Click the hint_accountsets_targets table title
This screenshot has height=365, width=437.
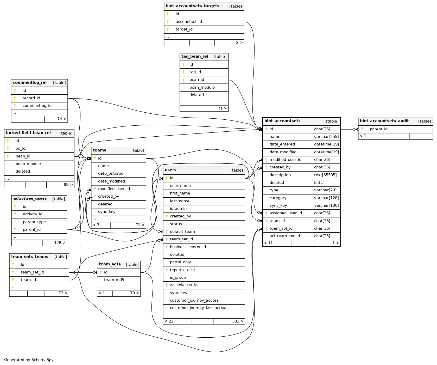point(192,6)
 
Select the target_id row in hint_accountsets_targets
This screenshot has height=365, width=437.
point(184,29)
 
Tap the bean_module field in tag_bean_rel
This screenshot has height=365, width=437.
point(202,87)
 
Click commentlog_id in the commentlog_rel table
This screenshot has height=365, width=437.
point(37,106)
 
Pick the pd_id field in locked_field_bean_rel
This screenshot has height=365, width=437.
point(21,148)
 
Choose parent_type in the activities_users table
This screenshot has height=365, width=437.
point(34,222)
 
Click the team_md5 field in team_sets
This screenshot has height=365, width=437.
point(114,280)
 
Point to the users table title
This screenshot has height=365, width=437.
point(170,170)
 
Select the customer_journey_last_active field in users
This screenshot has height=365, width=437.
point(198,308)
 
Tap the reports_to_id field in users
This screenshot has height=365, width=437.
point(182,270)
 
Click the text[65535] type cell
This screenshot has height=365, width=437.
point(325,175)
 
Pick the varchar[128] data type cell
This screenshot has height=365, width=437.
point(326,198)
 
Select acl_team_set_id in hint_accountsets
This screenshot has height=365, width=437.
point(284,236)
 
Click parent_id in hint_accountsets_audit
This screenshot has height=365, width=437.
point(378,129)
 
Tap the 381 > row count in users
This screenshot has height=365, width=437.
point(238,321)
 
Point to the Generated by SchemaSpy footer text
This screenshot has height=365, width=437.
point(29,360)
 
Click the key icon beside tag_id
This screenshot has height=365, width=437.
point(183,72)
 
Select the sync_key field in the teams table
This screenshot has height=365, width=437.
point(107,212)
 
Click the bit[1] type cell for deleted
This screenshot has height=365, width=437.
point(319,182)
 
